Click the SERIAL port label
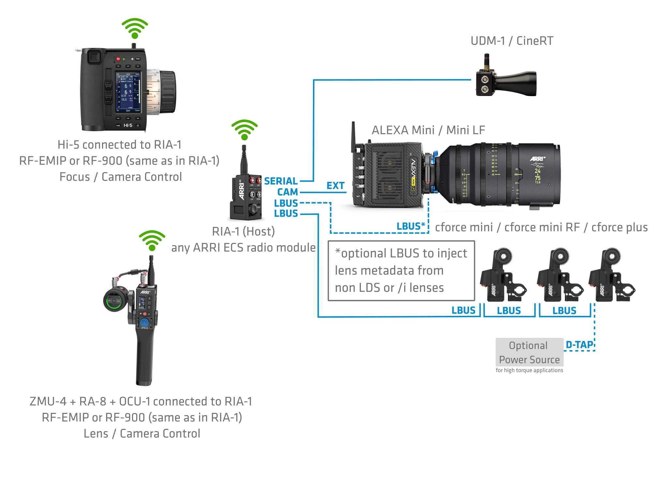pyautogui.click(x=281, y=181)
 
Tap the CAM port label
pyautogui.click(x=288, y=192)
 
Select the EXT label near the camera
pyautogui.click(x=335, y=186)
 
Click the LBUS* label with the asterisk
pyautogui.click(x=411, y=226)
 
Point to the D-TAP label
pyautogui.click(x=579, y=345)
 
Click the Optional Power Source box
pyautogui.click(x=529, y=352)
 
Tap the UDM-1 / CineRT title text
pyautogui.click(x=512, y=41)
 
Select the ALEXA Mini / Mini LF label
pyautogui.click(x=428, y=130)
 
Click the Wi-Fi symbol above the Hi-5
pyautogui.click(x=135, y=28)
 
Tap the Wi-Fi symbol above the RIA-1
pyautogui.click(x=244, y=130)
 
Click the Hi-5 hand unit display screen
pyautogui.click(x=128, y=92)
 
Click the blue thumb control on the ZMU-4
pyautogui.click(x=144, y=323)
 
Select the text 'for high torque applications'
pyautogui.click(x=529, y=370)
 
